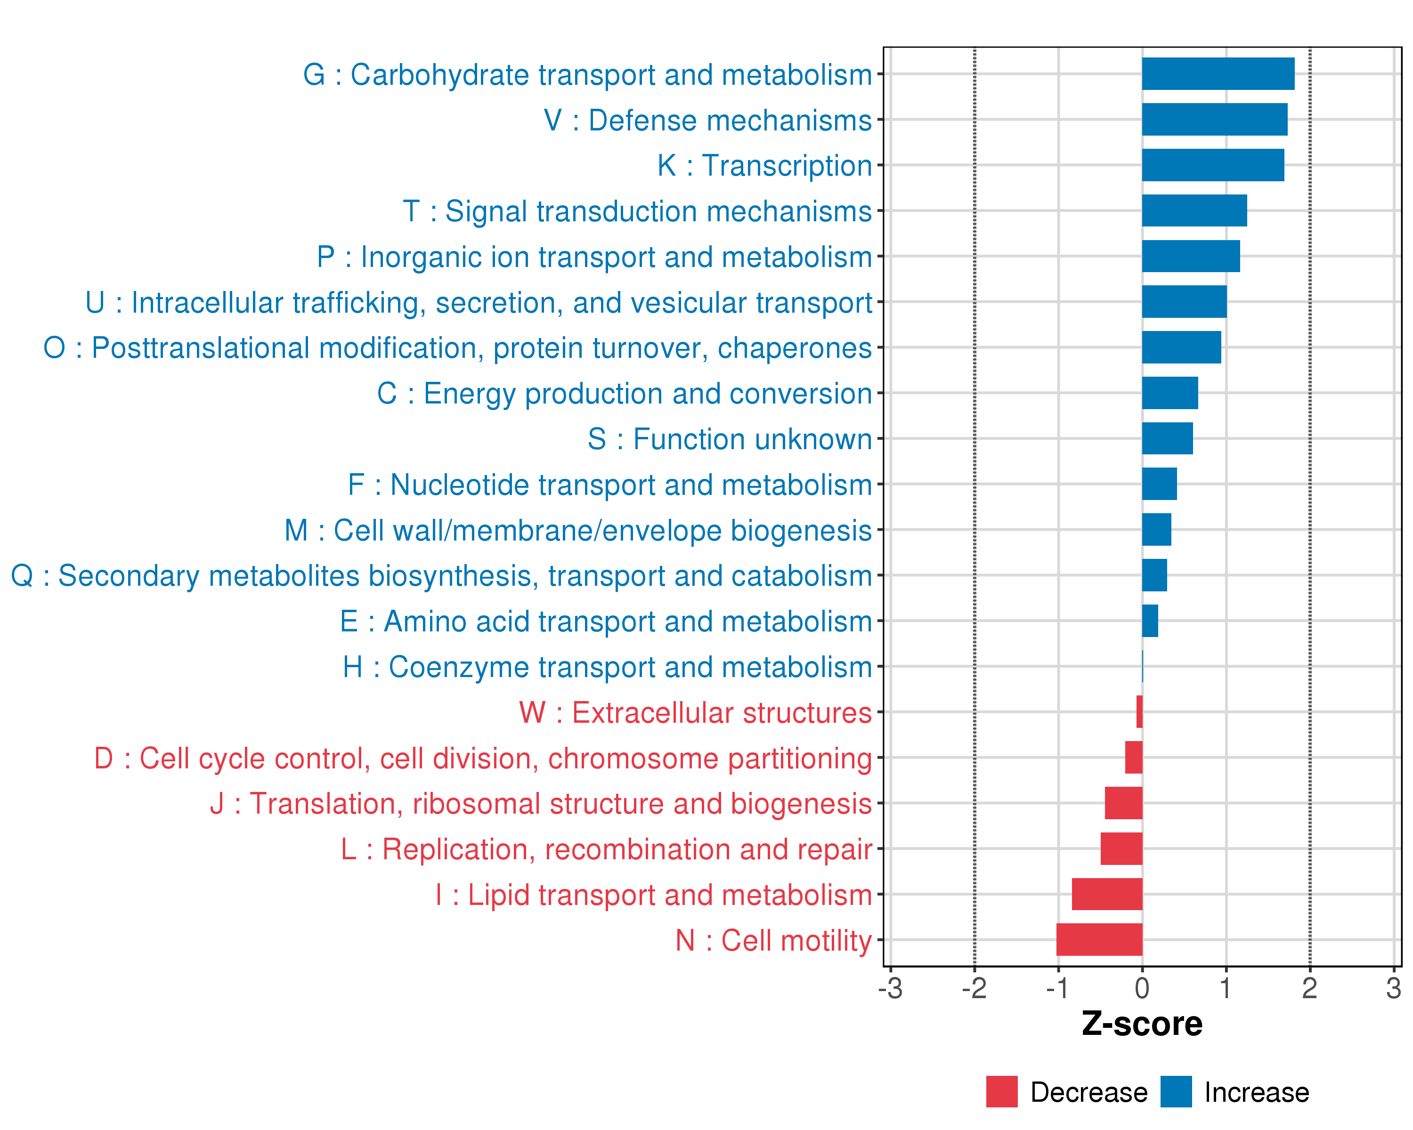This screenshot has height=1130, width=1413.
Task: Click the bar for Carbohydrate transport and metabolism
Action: [1218, 74]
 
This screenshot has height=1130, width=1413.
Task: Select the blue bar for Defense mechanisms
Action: [1214, 119]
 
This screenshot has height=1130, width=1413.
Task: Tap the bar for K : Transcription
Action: [1212, 165]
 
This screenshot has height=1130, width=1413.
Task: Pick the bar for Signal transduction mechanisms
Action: [1194, 210]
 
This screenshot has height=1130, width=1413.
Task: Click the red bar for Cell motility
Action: [1099, 939]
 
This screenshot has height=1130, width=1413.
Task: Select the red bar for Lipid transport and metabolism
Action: [1107, 894]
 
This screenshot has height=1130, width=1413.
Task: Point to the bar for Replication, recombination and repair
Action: [1121, 848]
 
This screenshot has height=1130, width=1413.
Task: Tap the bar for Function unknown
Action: [1167, 438]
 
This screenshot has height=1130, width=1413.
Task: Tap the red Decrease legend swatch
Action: [1001, 1092]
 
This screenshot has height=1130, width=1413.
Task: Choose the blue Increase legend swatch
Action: [1176, 1092]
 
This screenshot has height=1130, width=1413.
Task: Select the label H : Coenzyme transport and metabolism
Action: [608, 667]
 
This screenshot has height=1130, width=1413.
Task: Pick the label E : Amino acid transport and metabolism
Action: [606, 621]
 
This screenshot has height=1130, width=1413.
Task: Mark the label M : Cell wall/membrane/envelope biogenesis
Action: [578, 531]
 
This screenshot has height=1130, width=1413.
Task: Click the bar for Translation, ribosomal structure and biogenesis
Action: [1123, 803]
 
